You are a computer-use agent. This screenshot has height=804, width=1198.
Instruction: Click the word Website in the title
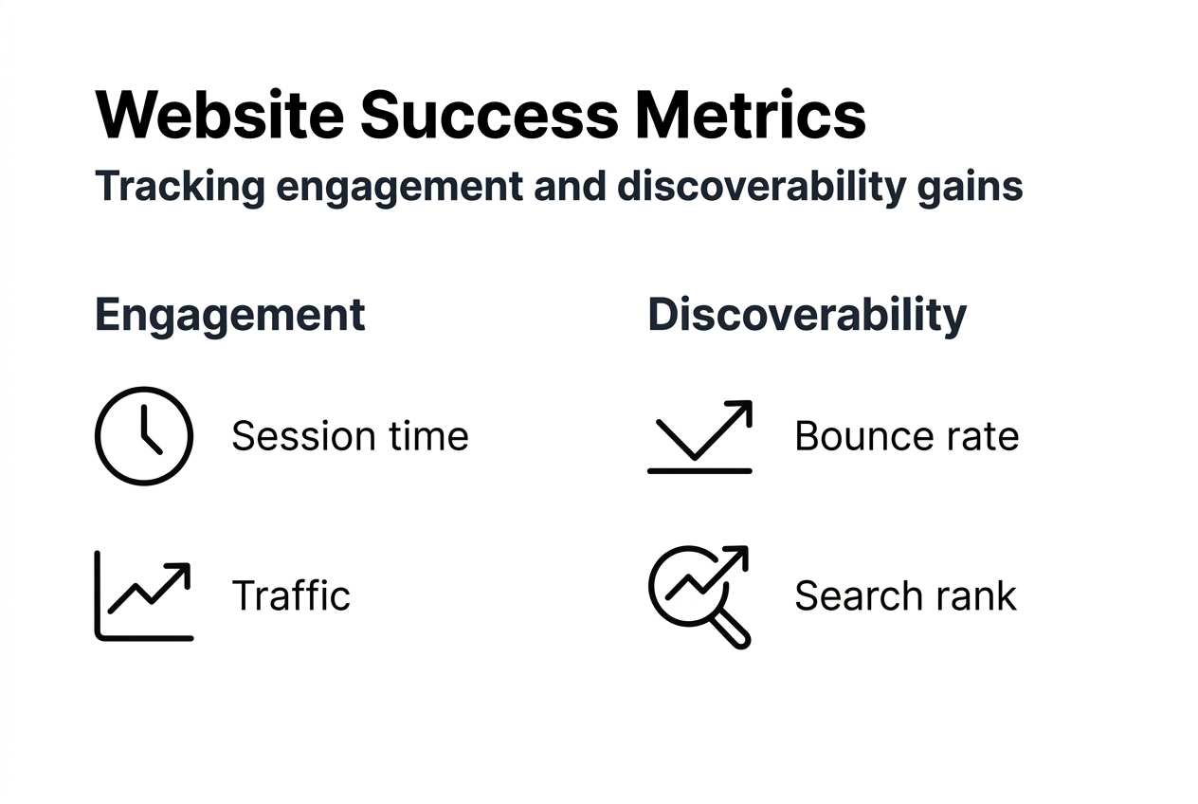point(220,116)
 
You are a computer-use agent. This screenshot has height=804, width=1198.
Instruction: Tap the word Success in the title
point(489,116)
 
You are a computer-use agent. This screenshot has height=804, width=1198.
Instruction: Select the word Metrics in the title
point(750,116)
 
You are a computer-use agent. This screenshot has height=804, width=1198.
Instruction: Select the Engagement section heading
point(230,315)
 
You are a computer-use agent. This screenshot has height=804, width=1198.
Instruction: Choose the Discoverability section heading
point(807,315)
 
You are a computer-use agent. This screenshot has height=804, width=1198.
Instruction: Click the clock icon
point(144,436)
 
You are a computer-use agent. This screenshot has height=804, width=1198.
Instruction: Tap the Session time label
point(350,436)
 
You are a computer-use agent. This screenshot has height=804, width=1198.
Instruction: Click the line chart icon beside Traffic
point(144,595)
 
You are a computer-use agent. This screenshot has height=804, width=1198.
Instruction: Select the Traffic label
point(291,595)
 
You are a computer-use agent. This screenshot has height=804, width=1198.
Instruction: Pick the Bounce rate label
point(906,436)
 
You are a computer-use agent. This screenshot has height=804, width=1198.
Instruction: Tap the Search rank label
point(905,595)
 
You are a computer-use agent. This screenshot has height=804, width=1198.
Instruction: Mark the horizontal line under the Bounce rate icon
point(699,470)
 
